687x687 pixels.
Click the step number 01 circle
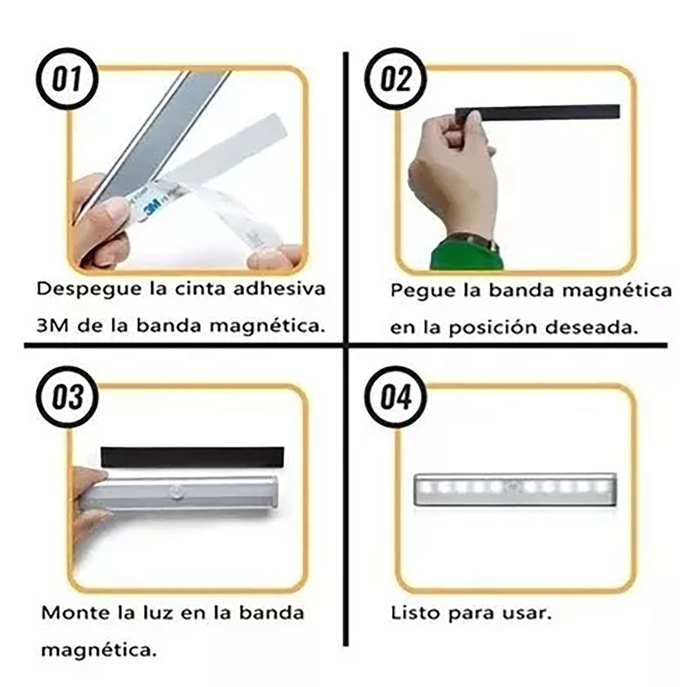coord(66,79)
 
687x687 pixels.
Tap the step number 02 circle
coord(396,79)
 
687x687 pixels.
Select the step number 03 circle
coord(66,397)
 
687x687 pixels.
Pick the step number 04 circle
coord(396,397)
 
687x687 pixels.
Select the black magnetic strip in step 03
coord(192,457)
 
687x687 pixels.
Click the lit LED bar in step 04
coord(515,489)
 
